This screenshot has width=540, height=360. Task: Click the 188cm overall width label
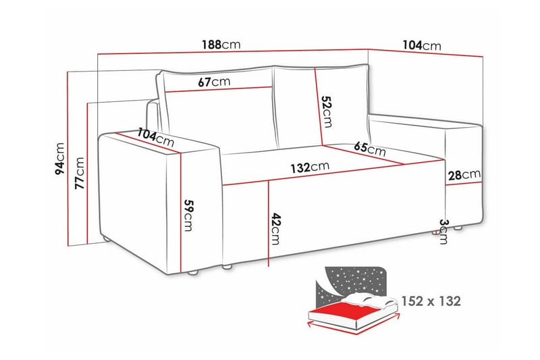click(221, 45)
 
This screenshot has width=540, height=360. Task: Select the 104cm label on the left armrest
click(155, 138)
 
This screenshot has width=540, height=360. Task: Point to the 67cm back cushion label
click(214, 82)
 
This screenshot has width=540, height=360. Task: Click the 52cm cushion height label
click(327, 111)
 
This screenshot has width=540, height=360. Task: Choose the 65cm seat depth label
click(369, 149)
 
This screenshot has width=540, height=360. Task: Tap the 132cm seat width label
click(310, 167)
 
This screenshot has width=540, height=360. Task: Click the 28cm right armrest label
click(464, 176)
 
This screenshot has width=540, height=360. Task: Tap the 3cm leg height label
click(443, 231)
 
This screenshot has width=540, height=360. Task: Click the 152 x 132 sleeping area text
click(431, 301)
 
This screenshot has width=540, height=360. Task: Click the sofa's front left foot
click(194, 274)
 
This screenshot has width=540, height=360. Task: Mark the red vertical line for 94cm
click(69, 155)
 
